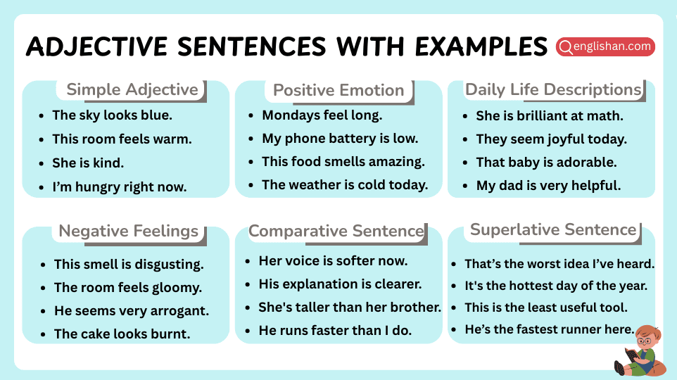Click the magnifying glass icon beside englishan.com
tap(565, 47)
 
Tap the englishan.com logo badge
tap(605, 47)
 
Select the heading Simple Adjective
tap(132, 90)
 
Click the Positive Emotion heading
tap(338, 90)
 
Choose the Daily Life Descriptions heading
tap(553, 90)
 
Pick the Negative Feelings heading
tap(128, 231)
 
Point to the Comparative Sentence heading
tap(336, 231)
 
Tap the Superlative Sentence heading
tap(553, 230)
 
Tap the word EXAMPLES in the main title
tap(480, 47)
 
